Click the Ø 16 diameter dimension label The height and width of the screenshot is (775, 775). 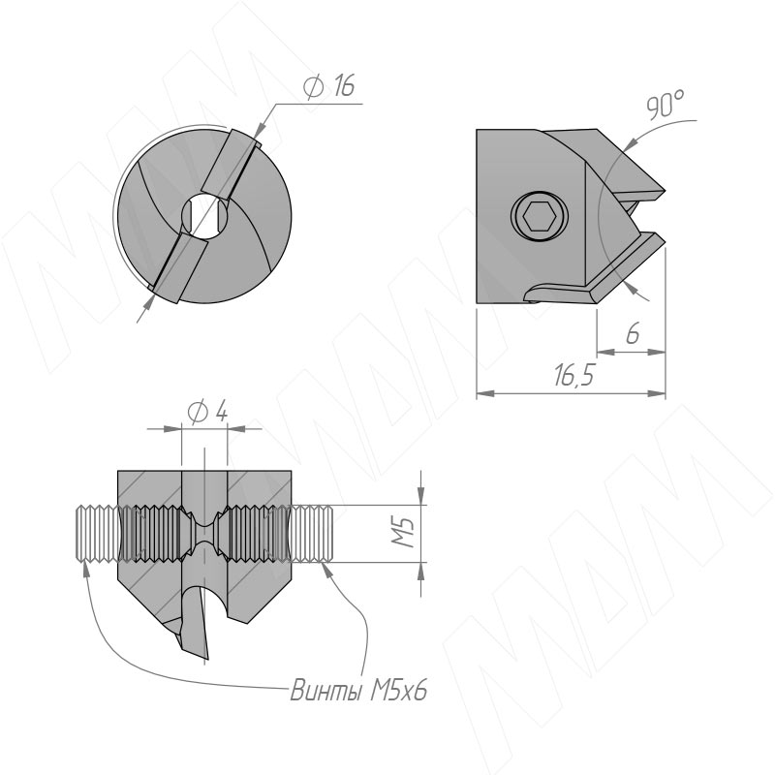328,86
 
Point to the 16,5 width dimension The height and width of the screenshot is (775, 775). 573,376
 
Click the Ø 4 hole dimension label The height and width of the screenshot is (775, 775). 208,412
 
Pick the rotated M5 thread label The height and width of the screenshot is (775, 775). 403,532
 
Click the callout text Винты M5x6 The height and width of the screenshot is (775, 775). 359,691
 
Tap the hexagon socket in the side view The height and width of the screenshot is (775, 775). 540,216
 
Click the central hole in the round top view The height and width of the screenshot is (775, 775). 204,216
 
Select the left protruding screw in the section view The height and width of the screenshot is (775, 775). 96,534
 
